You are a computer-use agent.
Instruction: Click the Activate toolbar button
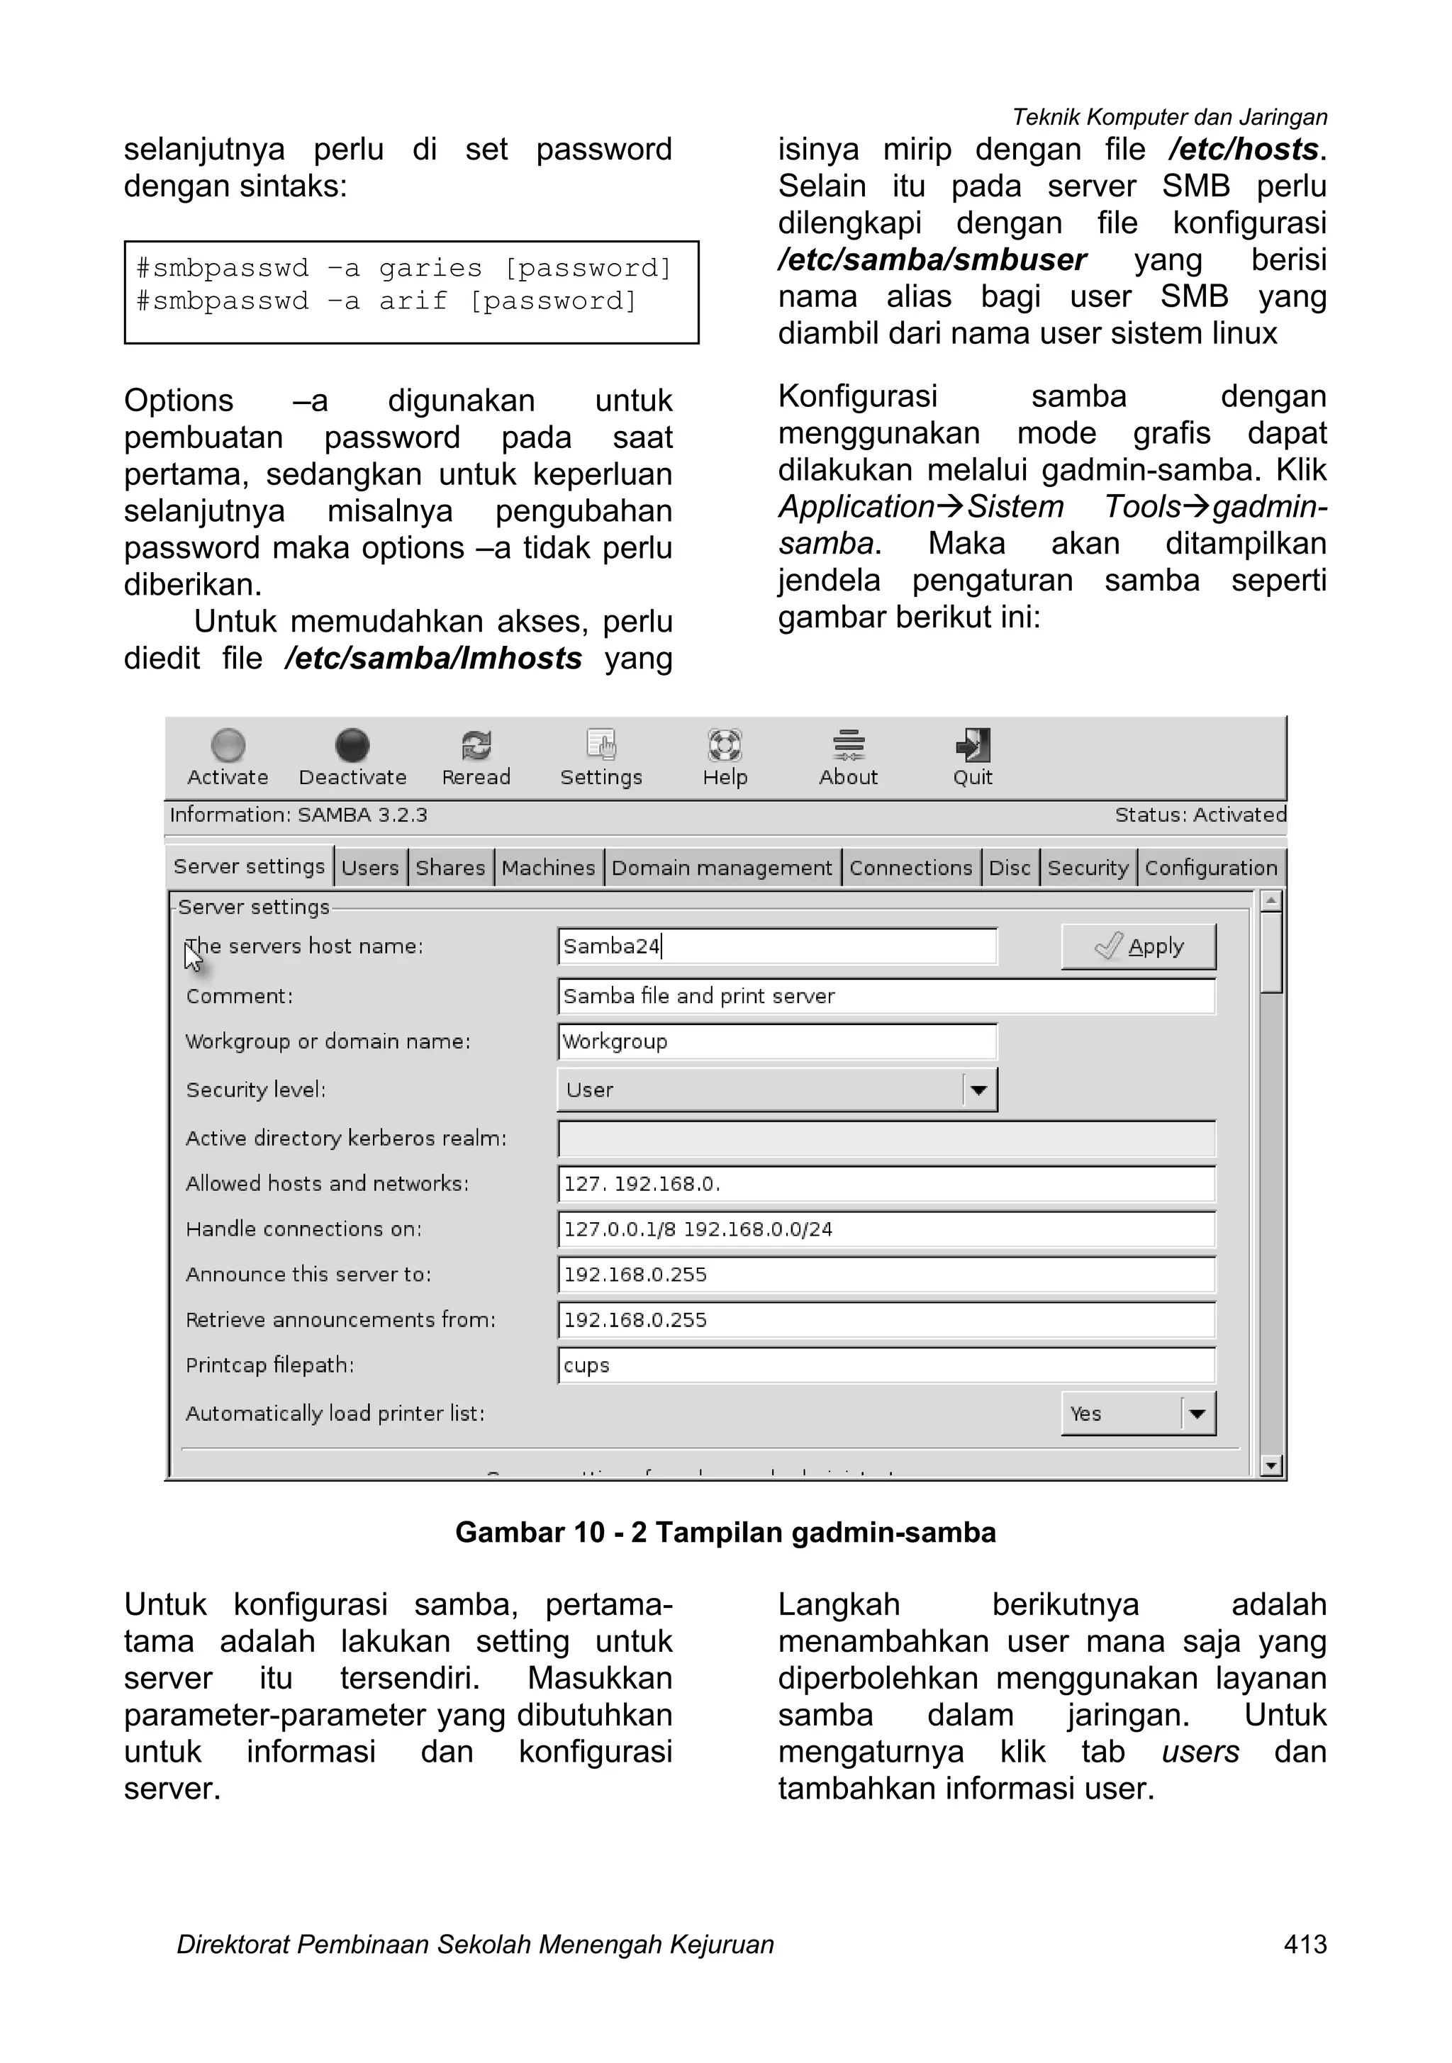pos(228,756)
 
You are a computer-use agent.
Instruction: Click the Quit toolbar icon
pos(972,756)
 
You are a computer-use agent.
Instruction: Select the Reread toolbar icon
pos(475,756)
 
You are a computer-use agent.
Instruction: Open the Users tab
pos(369,868)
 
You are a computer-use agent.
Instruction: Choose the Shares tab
pos(449,868)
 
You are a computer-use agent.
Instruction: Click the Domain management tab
pos(722,868)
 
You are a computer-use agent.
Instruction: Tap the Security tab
pos(1087,868)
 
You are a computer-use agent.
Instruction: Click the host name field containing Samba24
pos(776,946)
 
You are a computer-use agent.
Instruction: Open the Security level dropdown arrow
pos(978,1090)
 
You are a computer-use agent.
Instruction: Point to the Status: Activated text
pos(1200,815)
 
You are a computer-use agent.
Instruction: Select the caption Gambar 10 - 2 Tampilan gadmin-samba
pos(725,1532)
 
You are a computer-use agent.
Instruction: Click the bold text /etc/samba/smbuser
pos(932,259)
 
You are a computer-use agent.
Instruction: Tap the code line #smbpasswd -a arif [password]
pos(386,301)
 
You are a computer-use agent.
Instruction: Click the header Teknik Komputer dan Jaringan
pos(1169,118)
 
